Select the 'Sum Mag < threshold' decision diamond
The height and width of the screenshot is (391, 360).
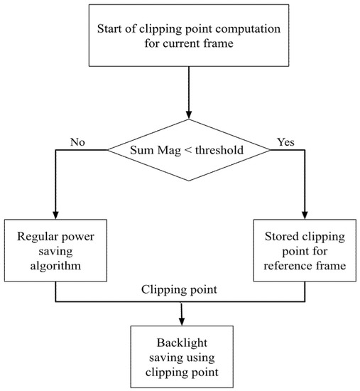187,149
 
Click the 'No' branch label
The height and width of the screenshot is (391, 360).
77,141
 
